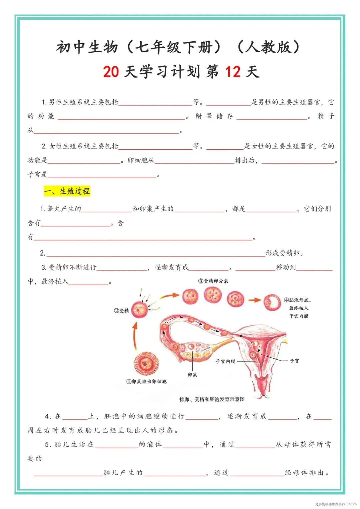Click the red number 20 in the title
(111, 72)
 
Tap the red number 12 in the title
(233, 72)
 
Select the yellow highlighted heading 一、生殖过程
(67, 191)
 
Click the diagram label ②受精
(121, 311)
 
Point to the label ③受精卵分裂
(213, 281)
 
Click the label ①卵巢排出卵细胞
(147, 381)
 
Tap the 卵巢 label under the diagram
(192, 375)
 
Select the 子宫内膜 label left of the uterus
(226, 361)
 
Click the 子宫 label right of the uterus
(294, 361)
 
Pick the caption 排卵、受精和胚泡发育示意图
(212, 399)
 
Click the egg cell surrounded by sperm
(140, 310)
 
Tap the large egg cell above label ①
(146, 363)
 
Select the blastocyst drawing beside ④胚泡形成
(272, 302)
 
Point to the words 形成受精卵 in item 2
(284, 253)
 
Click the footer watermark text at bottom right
(336, 504)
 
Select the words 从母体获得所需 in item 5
(303, 444)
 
